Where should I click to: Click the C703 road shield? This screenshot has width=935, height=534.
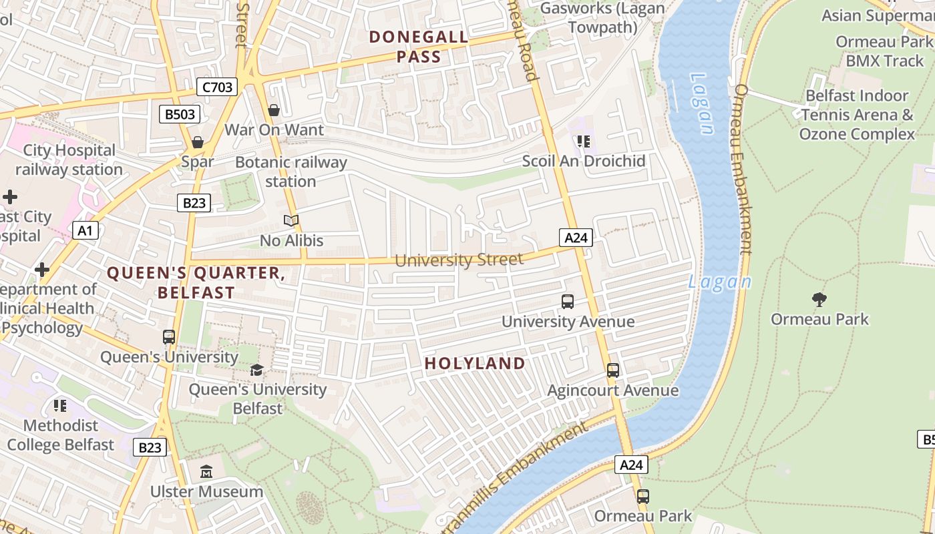[217, 87]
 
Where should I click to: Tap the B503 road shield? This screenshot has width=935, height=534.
[180, 114]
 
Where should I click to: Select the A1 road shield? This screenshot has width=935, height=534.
[85, 231]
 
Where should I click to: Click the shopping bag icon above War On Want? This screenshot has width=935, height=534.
[274, 110]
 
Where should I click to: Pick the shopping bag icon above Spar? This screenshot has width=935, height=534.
[198, 142]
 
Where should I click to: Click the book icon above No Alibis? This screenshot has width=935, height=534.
[291, 220]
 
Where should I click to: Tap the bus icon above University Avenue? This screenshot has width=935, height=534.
[568, 302]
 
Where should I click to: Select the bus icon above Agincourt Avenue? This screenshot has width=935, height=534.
[613, 370]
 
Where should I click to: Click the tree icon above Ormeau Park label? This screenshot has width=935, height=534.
[819, 299]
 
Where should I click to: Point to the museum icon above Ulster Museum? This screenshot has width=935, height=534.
[206, 472]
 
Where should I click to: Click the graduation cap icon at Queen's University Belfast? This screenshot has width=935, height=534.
[257, 370]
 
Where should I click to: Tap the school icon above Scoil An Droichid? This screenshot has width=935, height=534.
[584, 142]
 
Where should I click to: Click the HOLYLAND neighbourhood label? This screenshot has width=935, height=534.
[476, 364]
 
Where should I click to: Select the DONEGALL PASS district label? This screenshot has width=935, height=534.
[419, 47]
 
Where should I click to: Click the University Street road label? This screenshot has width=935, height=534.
[459, 260]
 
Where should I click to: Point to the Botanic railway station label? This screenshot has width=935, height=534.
[291, 172]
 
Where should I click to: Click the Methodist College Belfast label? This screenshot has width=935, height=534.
[61, 435]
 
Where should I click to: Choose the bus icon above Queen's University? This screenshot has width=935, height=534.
[169, 337]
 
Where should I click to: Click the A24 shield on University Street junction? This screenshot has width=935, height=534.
[576, 238]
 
